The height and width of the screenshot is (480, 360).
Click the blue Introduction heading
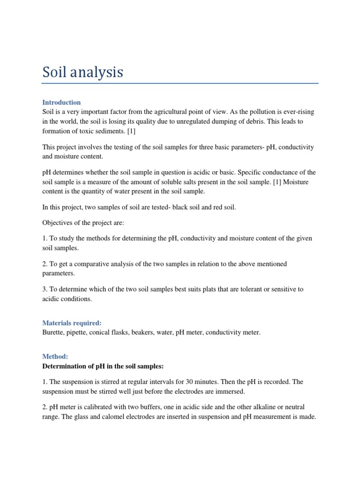[61, 102]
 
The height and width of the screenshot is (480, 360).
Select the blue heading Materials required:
[72, 323]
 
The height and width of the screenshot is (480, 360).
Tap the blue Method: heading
[55, 357]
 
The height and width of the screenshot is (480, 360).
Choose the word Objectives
[59, 223]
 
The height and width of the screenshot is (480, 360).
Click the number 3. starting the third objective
[45, 289]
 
